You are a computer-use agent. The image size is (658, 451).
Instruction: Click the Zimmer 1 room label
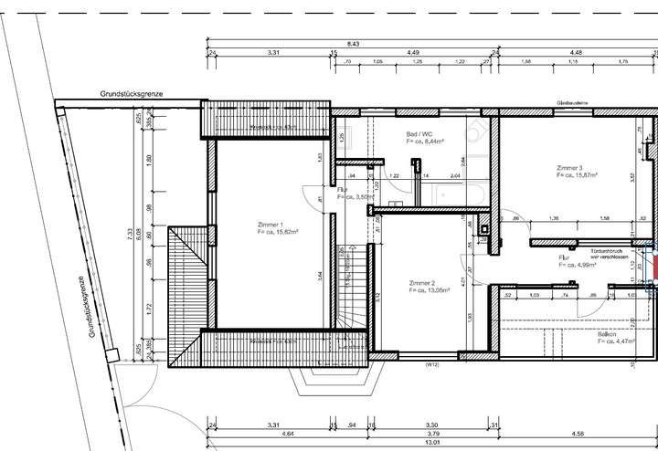[270, 225]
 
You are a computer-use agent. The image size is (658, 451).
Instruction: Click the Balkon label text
[608, 334]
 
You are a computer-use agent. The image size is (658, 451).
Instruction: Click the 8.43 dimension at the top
[353, 43]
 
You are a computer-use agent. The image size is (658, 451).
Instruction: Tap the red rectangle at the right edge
[653, 267]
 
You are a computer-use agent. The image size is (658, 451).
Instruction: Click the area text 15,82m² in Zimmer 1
[277, 232]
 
